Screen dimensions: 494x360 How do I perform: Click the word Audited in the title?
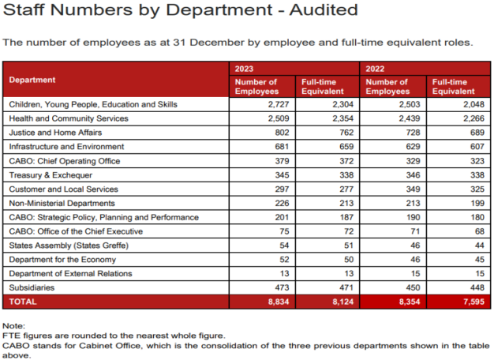coord(324,9)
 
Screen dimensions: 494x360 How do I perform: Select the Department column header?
coord(32,80)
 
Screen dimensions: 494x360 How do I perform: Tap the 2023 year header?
coord(244,69)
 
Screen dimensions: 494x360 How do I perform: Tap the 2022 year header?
coord(375,69)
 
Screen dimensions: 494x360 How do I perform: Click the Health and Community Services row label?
coord(69,118)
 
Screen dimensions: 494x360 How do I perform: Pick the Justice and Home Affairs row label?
coord(55,133)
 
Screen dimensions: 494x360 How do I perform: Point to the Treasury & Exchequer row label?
coord(51,175)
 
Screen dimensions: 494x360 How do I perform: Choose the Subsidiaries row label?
coord(32,287)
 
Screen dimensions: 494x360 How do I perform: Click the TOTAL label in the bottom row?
coord(23,302)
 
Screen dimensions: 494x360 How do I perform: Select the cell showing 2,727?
coord(279,104)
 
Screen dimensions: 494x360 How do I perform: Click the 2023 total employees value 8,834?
coord(279,302)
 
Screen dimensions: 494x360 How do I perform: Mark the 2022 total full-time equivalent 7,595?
coord(473,302)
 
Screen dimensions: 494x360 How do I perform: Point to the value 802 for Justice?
coord(282,133)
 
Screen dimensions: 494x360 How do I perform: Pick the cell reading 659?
coord(346,147)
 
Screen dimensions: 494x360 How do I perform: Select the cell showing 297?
coord(282,189)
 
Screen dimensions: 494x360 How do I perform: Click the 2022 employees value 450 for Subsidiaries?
coord(413,287)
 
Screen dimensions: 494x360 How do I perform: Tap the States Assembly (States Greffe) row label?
coord(69,246)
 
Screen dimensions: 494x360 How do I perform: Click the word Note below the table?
coord(13,326)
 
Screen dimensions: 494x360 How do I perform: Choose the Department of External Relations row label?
coord(70,274)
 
